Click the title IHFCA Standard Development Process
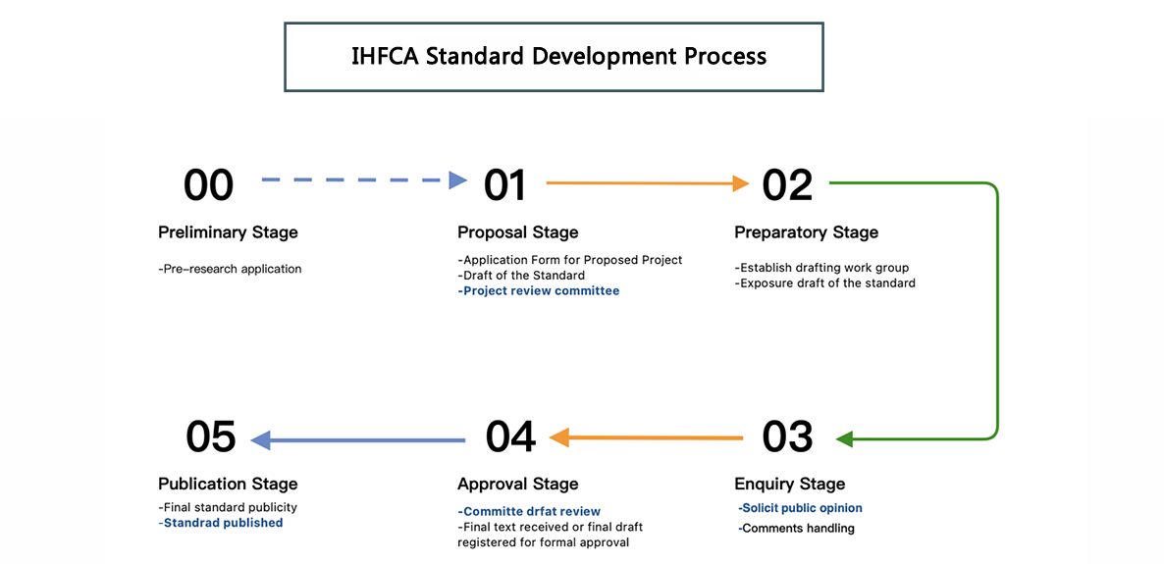(x=558, y=57)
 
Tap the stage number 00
(x=209, y=184)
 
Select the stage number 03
(x=788, y=436)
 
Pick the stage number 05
(x=211, y=436)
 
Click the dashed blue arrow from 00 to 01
(x=364, y=179)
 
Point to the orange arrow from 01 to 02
(x=648, y=182)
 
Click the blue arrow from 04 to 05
(x=358, y=440)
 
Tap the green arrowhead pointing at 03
(x=844, y=439)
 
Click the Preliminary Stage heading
(x=228, y=232)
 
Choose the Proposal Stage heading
(x=517, y=232)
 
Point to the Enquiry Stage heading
(x=790, y=485)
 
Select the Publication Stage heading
(x=228, y=484)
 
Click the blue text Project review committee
(x=538, y=291)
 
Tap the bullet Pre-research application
(x=230, y=269)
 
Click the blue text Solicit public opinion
(x=800, y=508)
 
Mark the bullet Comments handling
(x=797, y=529)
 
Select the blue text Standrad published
(x=221, y=523)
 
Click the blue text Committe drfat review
(x=529, y=511)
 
